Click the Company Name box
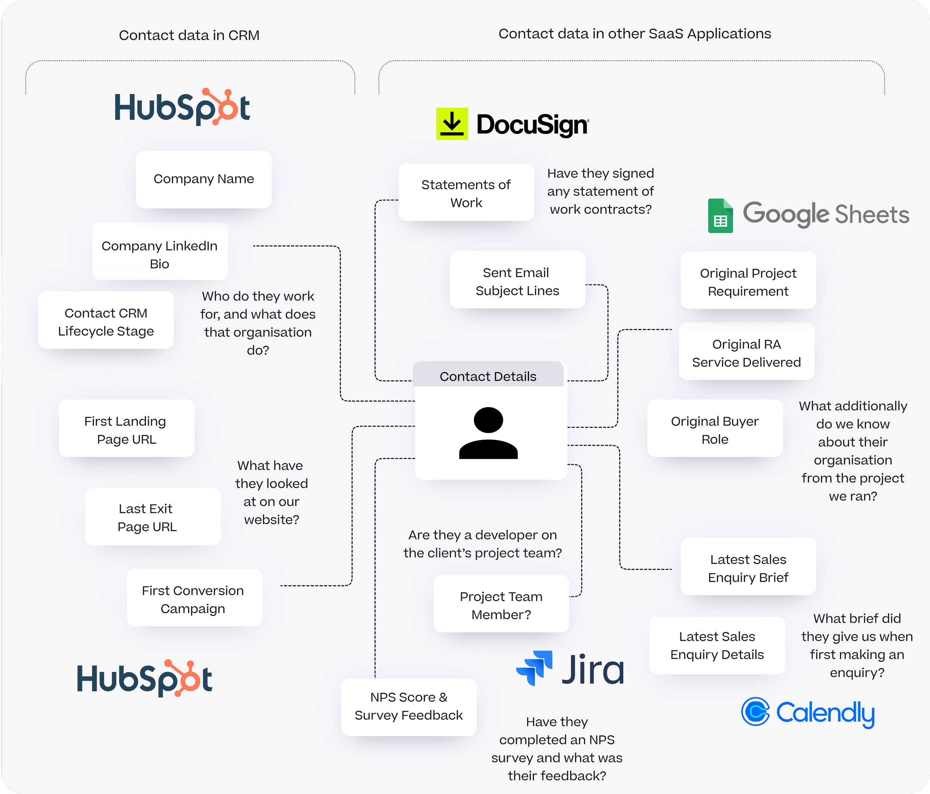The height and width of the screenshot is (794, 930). (204, 179)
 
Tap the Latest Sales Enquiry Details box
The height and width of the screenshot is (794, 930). (717, 645)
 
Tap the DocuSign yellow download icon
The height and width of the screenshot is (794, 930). (452, 123)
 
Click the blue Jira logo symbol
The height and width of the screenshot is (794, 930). (534, 668)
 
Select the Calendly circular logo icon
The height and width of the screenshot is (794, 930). (756, 711)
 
